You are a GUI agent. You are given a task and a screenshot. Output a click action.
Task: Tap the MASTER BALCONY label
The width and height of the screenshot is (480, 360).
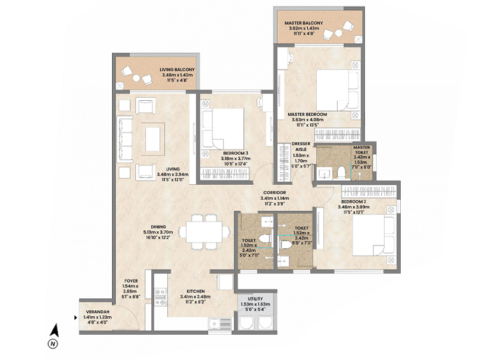305,23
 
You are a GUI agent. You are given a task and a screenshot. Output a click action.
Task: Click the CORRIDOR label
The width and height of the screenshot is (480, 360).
275,191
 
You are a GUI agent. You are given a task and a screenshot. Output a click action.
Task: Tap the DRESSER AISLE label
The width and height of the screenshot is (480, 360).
301,147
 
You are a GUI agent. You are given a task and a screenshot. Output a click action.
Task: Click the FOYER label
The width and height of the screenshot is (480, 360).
131,280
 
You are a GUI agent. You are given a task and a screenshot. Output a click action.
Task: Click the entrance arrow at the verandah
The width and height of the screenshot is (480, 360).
74,318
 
